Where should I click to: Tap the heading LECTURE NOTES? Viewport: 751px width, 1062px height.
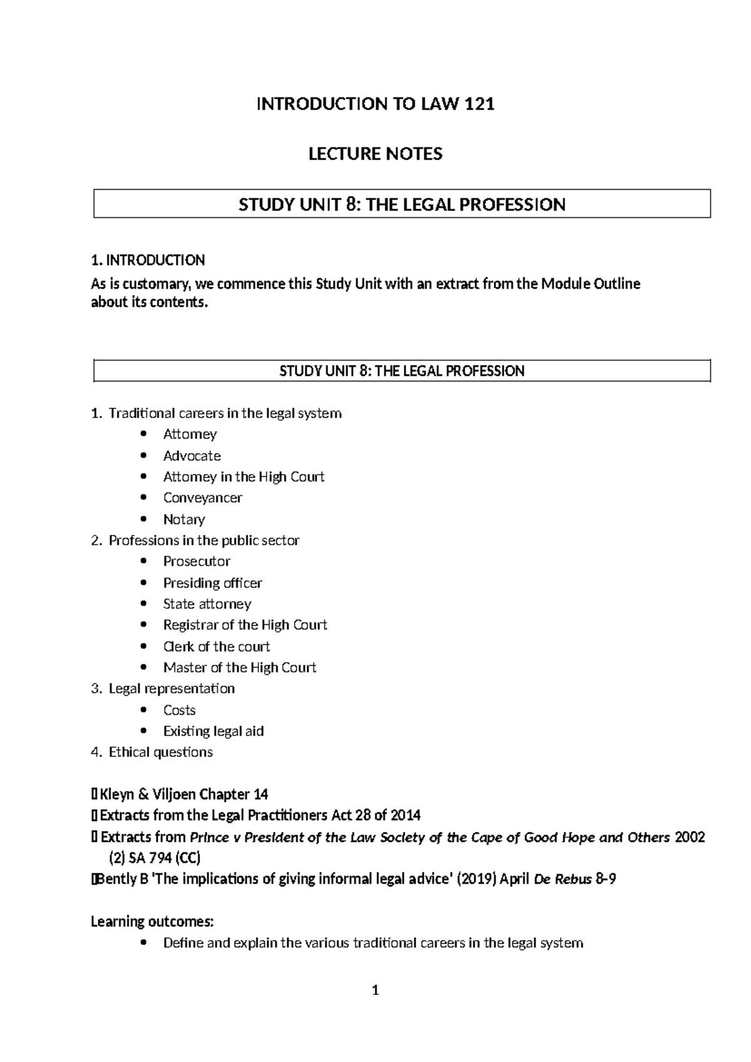[x=375, y=154]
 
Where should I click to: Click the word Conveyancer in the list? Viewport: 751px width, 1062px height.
[x=202, y=498]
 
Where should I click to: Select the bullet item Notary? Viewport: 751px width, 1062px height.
[x=184, y=519]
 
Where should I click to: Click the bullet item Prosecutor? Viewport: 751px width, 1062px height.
[x=197, y=562]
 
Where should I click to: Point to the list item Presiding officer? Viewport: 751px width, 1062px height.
[x=212, y=583]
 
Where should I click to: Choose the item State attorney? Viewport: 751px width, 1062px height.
[x=207, y=604]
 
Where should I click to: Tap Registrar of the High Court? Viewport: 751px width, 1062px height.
[x=245, y=625]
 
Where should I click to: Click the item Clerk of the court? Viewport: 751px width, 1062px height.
[x=216, y=646]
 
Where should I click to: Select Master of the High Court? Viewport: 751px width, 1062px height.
[x=240, y=668]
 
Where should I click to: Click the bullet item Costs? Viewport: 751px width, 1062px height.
[x=179, y=710]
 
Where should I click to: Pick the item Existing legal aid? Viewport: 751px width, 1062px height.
[x=213, y=731]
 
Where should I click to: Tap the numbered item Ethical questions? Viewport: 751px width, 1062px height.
[x=160, y=752]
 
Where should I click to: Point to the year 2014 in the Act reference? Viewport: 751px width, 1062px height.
[x=406, y=815]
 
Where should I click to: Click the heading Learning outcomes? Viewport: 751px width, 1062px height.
[x=152, y=922]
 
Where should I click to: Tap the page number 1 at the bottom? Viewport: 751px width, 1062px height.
[x=375, y=991]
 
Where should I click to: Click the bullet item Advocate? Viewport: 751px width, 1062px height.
[x=192, y=456]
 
